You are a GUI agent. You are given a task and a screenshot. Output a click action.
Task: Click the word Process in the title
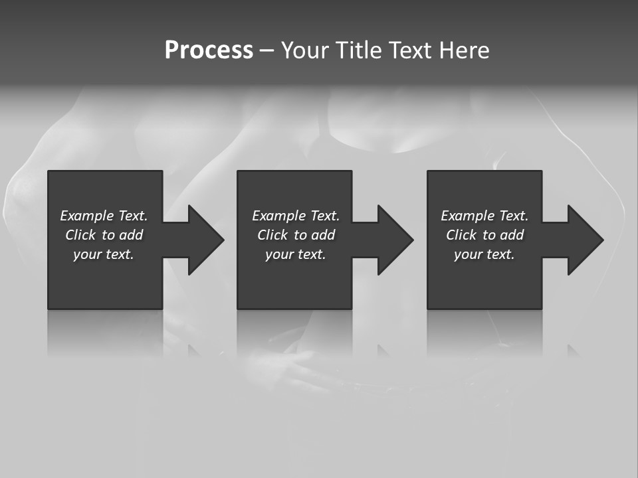pyautogui.click(x=209, y=50)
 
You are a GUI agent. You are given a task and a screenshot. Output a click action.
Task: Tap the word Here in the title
pyautogui.click(x=465, y=50)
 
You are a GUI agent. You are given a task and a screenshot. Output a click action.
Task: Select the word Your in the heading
pyautogui.click(x=306, y=50)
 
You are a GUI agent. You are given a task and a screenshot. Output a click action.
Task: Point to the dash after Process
pyautogui.click(x=266, y=51)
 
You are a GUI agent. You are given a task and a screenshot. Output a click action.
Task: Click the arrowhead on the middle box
pyautogui.click(x=394, y=240)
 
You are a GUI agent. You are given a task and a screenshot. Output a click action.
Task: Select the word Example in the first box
pyautogui.click(x=87, y=216)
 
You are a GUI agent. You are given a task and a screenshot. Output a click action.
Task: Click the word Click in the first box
pyautogui.click(x=80, y=235)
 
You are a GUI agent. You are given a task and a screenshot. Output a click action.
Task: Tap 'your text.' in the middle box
pyautogui.click(x=295, y=254)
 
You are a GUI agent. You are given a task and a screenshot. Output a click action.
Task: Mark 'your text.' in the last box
pyautogui.click(x=484, y=254)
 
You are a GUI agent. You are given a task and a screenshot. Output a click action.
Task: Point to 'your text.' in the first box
pyautogui.click(x=103, y=254)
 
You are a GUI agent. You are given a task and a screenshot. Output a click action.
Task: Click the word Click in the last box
pyautogui.click(x=461, y=235)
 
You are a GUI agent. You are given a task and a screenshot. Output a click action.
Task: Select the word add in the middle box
pyautogui.click(x=324, y=235)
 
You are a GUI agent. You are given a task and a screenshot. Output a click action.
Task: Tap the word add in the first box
pyautogui.click(x=132, y=235)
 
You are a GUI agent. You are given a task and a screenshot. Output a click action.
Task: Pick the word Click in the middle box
pyautogui.click(x=272, y=235)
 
